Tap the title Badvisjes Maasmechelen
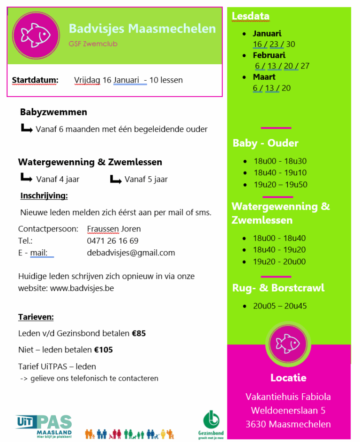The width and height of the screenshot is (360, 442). (142, 29)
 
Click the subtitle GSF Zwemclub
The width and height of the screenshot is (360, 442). (92, 44)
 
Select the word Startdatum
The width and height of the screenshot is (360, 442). (35, 80)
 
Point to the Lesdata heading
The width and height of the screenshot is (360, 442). (250, 16)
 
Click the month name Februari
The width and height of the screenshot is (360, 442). (269, 55)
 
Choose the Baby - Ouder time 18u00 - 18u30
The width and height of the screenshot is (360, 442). (280, 161)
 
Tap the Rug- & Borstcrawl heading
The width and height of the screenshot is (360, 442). (278, 288)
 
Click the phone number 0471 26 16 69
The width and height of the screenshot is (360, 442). (112, 241)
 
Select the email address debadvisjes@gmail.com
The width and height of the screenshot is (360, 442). (131, 253)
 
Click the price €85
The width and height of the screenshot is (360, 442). (139, 334)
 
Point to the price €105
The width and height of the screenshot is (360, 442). (104, 350)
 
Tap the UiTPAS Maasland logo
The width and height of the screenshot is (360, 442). (44, 426)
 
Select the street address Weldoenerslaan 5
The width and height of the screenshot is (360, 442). (288, 411)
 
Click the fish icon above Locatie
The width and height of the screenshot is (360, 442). (288, 344)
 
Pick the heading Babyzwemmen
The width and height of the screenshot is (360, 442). (53, 112)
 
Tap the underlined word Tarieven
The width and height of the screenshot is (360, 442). (36, 317)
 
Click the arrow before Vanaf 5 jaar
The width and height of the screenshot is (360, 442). (115, 179)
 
